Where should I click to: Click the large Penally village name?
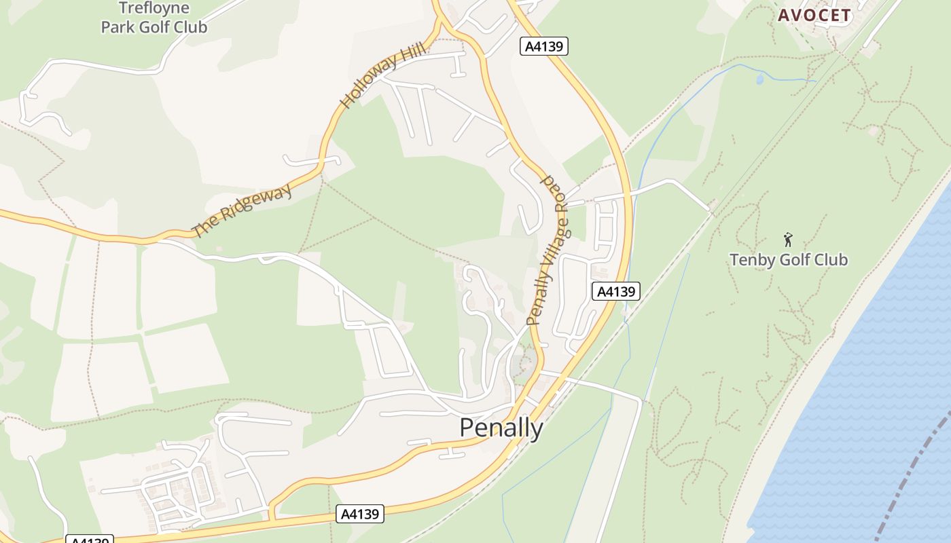point(501,428)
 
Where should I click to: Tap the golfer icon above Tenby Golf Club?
point(788,240)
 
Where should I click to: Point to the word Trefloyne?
point(154,8)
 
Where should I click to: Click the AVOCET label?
point(814,15)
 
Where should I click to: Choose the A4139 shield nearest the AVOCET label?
point(544,46)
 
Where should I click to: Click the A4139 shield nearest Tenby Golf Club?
point(616,291)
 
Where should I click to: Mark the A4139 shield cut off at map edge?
point(89,540)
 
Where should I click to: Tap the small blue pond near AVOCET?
point(759,79)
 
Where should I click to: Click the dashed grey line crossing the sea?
point(910,475)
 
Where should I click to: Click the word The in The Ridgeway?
point(203,227)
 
